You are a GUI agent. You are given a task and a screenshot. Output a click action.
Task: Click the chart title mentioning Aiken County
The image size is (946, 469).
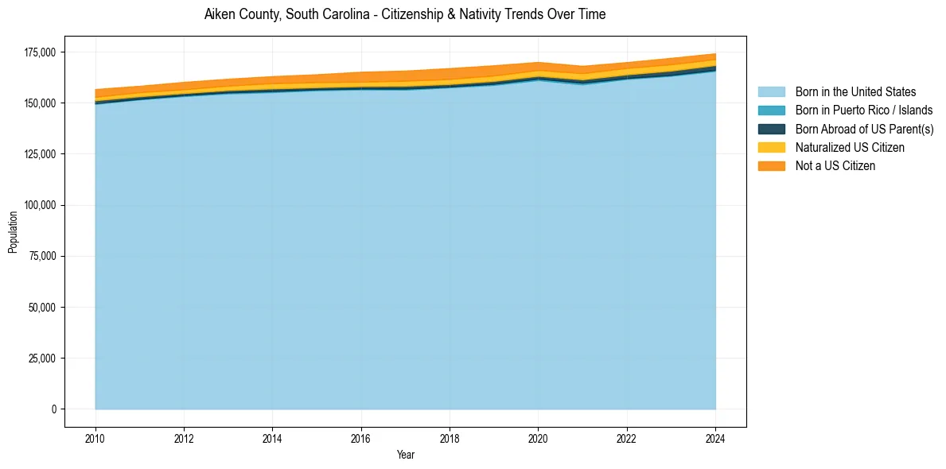click(x=405, y=14)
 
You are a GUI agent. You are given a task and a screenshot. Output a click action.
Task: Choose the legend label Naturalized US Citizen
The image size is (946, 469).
click(x=850, y=147)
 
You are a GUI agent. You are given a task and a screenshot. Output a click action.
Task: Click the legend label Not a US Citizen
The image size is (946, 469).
click(x=835, y=165)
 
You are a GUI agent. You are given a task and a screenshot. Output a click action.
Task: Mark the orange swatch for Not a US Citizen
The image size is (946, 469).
click(x=771, y=165)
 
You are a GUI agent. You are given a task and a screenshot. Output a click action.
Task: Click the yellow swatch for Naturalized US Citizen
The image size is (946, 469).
click(x=771, y=147)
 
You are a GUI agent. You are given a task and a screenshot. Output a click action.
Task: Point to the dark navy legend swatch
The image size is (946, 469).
click(x=771, y=129)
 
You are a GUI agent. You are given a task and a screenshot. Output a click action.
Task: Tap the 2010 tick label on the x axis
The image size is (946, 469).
click(x=95, y=437)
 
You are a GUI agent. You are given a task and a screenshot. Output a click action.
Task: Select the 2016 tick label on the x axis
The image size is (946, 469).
click(x=361, y=437)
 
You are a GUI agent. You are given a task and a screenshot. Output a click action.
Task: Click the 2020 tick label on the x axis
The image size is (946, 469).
click(x=539, y=437)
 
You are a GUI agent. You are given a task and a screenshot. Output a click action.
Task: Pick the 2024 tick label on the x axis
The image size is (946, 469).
click(x=716, y=437)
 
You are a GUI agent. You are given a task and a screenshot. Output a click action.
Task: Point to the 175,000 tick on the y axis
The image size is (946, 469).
click(x=41, y=52)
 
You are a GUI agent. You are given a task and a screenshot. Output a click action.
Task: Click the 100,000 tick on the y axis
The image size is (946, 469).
click(x=41, y=205)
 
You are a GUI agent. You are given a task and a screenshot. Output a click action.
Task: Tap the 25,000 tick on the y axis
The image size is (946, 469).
click(x=43, y=358)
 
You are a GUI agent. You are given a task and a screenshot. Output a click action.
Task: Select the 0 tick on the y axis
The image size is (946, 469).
click(x=54, y=409)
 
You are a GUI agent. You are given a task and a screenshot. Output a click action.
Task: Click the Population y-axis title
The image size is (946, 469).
click(x=13, y=231)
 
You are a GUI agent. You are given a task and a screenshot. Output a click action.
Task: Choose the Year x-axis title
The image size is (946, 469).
click(x=405, y=455)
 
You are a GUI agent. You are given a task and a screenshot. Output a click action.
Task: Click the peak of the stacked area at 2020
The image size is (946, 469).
click(x=539, y=63)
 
